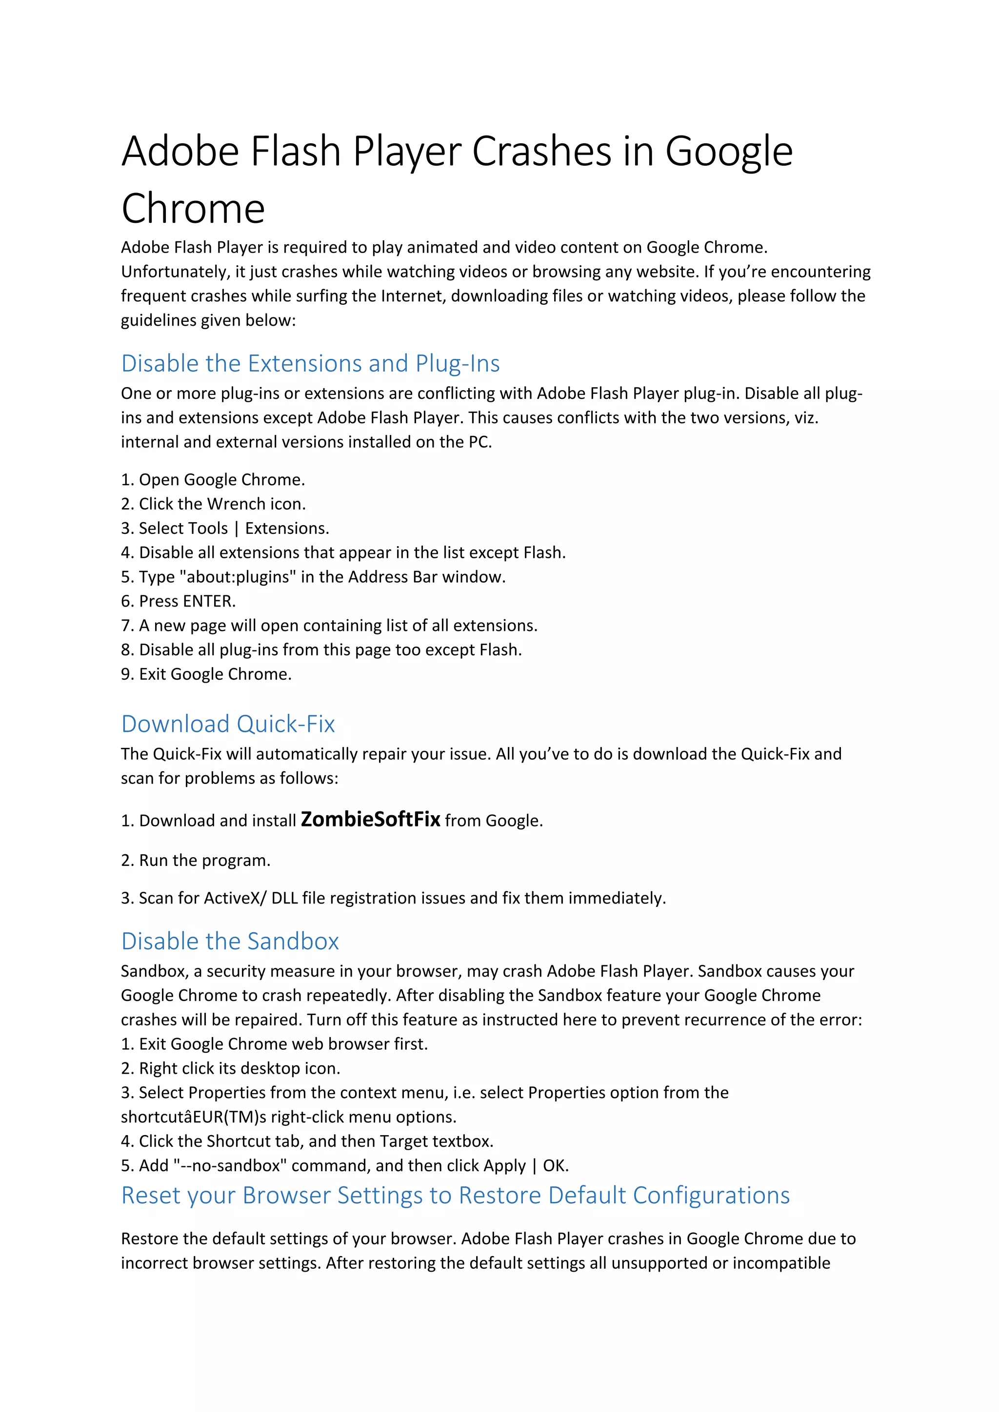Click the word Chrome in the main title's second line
point(193,209)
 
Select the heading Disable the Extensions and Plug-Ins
point(310,363)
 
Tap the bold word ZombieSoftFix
point(370,819)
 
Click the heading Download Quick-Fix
point(228,724)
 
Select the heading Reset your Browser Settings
point(455,1195)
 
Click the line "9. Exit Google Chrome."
point(206,674)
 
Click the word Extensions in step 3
point(287,528)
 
